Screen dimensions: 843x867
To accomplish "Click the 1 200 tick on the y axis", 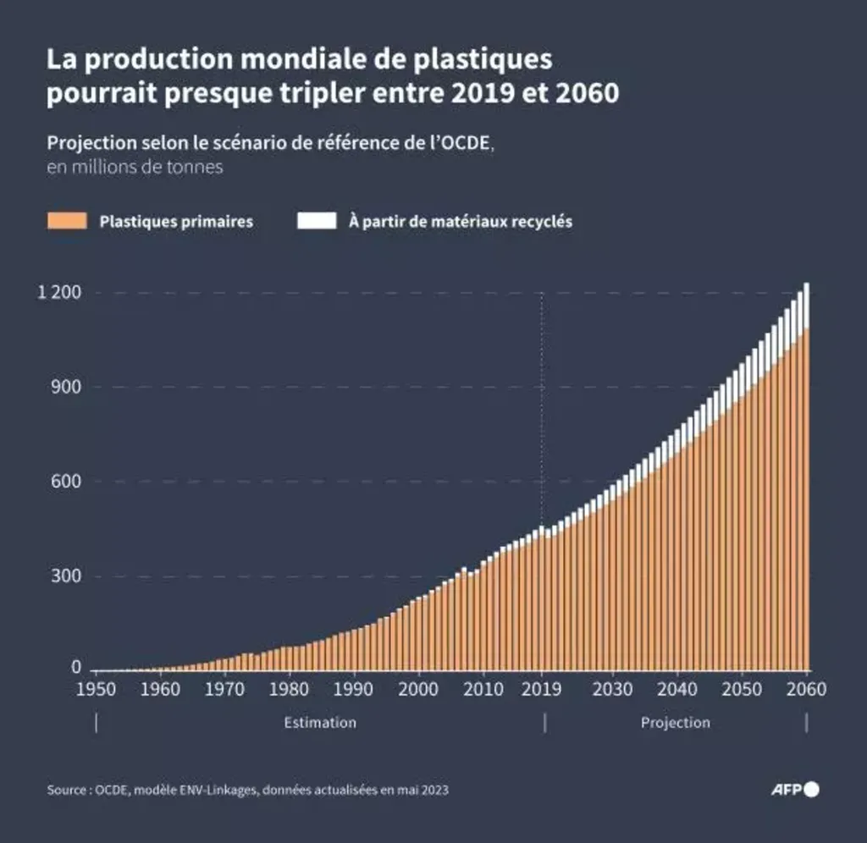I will (60, 293).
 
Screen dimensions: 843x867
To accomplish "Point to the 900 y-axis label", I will (65, 387).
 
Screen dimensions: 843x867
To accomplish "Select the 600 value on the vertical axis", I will (65, 482).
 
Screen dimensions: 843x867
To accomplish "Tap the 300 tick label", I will (65, 576).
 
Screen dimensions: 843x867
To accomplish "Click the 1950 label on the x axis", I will (97, 689).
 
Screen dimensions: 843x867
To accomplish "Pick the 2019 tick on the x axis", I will (542, 689).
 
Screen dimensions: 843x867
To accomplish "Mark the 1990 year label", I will (351, 689).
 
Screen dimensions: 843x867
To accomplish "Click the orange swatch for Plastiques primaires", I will (67, 222).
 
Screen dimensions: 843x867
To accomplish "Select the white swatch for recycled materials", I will (318, 222).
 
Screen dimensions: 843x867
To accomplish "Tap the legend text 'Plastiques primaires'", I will (176, 222).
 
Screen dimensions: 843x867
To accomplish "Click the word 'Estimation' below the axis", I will (320, 723).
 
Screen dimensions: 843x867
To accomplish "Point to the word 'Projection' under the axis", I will (675, 723).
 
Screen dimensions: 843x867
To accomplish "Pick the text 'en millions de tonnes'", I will (135, 167).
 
